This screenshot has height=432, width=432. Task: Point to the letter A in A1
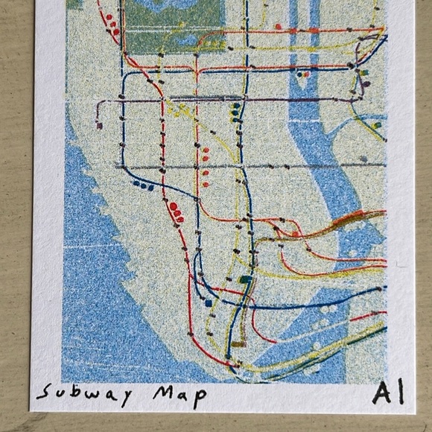pyautogui.click(x=378, y=393)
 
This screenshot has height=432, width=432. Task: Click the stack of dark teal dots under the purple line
pyautogui.click(x=236, y=112)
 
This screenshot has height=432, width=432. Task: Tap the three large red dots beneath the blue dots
pyautogui.click(x=177, y=212)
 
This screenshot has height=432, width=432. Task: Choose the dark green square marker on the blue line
pyautogui.click(x=246, y=280)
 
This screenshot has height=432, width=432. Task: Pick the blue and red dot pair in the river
pyautogui.click(x=303, y=74)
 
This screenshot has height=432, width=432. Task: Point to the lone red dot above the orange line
pyautogui.click(x=278, y=26)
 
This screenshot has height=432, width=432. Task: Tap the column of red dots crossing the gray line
pyautogui.click(x=205, y=165)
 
